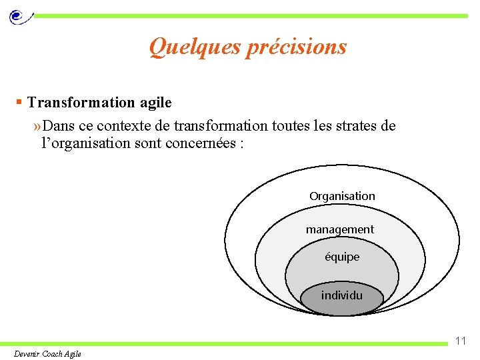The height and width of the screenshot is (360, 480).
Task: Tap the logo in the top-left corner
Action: click(x=19, y=15)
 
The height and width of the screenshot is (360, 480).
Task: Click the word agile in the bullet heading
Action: click(x=155, y=103)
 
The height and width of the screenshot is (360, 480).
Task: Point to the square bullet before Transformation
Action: click(x=20, y=102)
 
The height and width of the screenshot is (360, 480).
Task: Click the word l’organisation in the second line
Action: click(x=91, y=143)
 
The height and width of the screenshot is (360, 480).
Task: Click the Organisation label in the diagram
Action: click(x=342, y=196)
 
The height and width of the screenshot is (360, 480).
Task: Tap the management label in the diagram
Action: click(x=340, y=229)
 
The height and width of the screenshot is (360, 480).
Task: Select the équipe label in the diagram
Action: click(x=342, y=257)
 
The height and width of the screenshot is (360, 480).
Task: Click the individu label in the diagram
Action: click(x=342, y=295)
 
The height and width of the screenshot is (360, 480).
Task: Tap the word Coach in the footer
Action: click(x=54, y=354)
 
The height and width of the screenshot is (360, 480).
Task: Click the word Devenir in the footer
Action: click(x=27, y=354)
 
